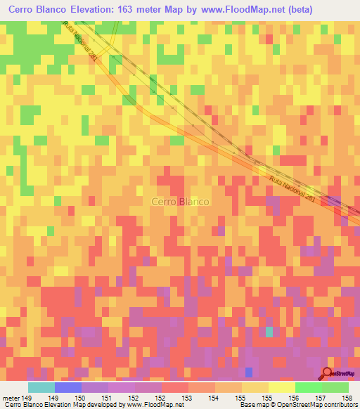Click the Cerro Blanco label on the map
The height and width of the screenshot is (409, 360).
(180, 202)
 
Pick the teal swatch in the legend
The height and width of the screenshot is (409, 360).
(41, 387)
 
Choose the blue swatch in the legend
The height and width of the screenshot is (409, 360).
(68, 387)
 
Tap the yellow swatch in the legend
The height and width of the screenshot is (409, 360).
(282, 387)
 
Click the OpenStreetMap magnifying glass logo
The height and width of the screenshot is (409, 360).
(328, 373)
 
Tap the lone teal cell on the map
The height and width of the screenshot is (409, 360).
(269, 331)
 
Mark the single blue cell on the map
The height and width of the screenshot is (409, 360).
(248, 371)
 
